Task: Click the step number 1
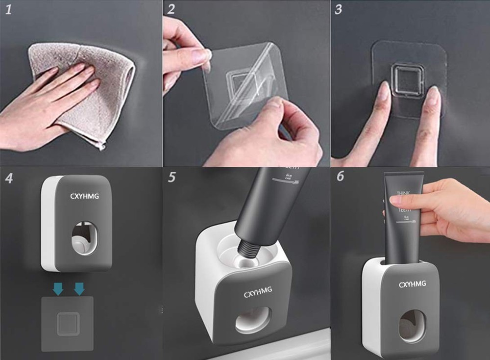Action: point(8,10)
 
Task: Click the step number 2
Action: point(171,9)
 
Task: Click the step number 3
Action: point(339,9)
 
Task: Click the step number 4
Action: point(9,178)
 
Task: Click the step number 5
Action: point(171,177)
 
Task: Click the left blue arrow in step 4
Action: point(58,290)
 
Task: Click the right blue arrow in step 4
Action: point(79,290)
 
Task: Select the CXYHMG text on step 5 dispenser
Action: point(258,294)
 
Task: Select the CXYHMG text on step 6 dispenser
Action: point(412,284)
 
